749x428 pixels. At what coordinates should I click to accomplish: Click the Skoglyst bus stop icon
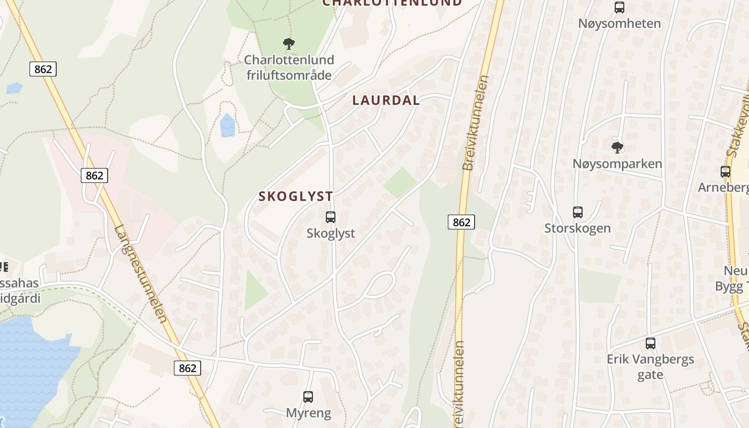click(x=331, y=217)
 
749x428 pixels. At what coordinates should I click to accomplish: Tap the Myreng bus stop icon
click(x=308, y=397)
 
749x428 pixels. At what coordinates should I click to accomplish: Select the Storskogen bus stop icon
click(x=578, y=212)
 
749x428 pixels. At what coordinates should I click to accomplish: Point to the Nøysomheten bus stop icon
click(x=620, y=7)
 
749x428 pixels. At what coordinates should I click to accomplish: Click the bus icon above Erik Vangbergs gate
click(x=651, y=343)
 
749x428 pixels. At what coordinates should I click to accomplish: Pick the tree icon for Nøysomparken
click(x=617, y=147)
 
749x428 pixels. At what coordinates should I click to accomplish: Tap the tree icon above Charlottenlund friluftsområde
click(x=289, y=43)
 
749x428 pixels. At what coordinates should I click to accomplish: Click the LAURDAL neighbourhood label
click(x=386, y=101)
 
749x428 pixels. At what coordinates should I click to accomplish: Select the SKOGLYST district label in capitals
click(x=296, y=196)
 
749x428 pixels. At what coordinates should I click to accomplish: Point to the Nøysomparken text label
click(x=617, y=164)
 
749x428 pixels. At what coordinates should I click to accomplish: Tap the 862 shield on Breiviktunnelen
click(x=461, y=221)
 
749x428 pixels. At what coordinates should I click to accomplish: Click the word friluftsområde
click(x=289, y=75)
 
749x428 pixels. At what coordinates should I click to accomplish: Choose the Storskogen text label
click(x=577, y=228)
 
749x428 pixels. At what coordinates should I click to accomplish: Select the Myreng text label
click(x=308, y=413)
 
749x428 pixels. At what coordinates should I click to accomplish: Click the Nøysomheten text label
click(x=620, y=24)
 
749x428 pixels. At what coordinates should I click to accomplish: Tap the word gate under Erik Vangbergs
click(x=650, y=374)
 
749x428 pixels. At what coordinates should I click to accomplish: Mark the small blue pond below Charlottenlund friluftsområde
click(x=228, y=126)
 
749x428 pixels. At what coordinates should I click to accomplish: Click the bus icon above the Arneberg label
click(x=725, y=172)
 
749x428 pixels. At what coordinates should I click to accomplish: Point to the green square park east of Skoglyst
click(x=400, y=182)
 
